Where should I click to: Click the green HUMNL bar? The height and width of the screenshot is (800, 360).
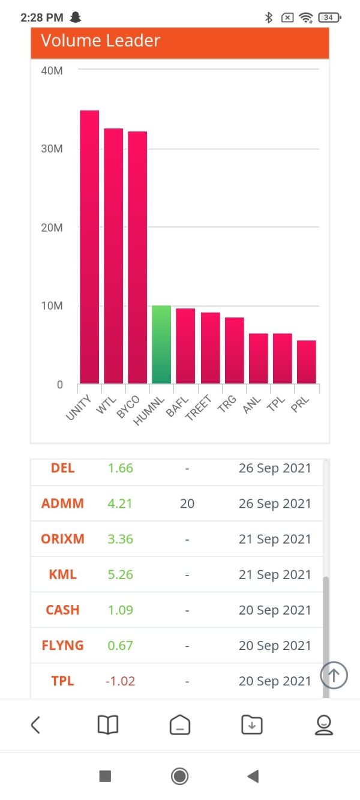click(x=161, y=345)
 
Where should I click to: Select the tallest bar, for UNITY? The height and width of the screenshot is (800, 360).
click(x=89, y=247)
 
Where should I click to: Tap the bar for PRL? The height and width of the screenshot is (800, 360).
click(x=307, y=362)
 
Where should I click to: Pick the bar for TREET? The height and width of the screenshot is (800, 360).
click(x=210, y=348)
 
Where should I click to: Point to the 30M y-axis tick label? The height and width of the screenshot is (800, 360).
click(x=52, y=149)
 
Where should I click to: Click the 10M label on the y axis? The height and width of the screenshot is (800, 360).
click(x=52, y=306)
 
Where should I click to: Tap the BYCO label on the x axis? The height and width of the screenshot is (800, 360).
click(x=130, y=408)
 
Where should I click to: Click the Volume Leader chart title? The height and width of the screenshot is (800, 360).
click(x=101, y=41)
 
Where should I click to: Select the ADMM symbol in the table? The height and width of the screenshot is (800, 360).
click(x=62, y=504)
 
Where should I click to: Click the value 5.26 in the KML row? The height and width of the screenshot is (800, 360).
click(x=120, y=574)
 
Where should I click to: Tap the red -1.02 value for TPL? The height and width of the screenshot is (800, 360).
click(x=120, y=681)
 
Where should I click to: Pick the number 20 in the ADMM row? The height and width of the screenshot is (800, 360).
click(x=187, y=504)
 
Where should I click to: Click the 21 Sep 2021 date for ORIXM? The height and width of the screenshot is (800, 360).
click(x=275, y=539)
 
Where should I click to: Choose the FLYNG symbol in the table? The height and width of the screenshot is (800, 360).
click(x=62, y=646)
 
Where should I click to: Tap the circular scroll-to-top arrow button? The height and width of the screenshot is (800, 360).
click(x=334, y=676)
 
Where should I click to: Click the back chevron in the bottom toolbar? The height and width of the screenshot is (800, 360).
click(x=35, y=725)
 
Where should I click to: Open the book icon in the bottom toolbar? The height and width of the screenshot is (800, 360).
click(x=108, y=725)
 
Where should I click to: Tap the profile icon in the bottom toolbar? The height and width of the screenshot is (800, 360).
click(x=324, y=725)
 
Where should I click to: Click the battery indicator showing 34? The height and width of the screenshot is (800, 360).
click(x=329, y=17)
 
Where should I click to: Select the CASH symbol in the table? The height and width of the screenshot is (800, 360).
click(x=62, y=610)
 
